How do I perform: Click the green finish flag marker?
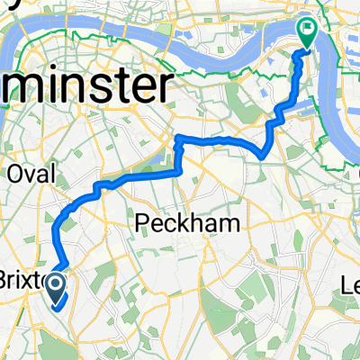click(307, 34)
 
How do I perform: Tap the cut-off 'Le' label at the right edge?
click(351, 285)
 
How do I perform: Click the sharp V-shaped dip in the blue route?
click(261, 155)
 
